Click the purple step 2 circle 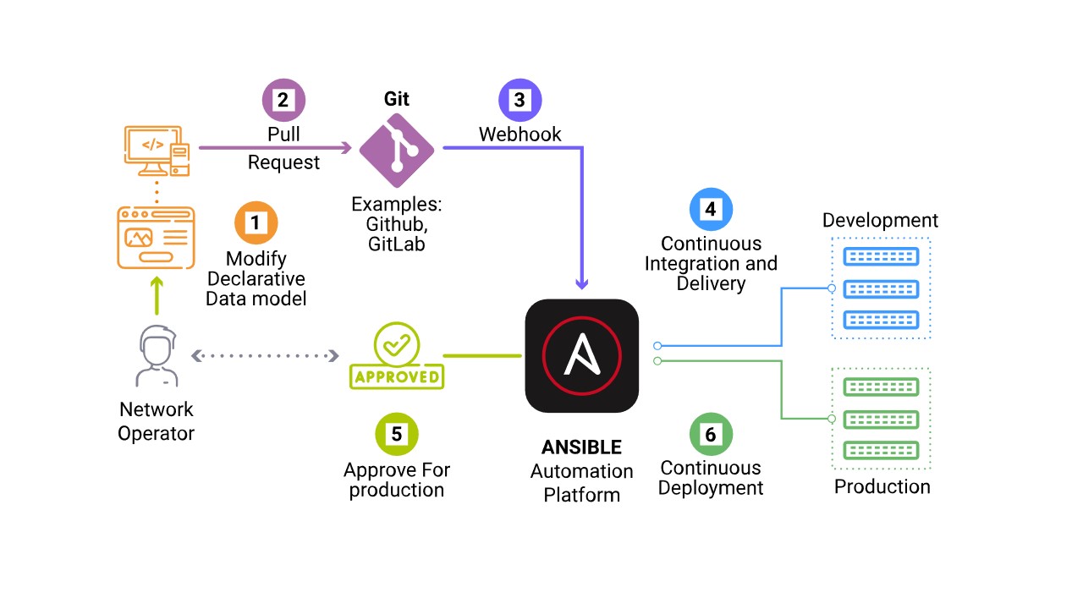pyautogui.click(x=283, y=100)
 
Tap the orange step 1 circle pyautogui.click(x=255, y=223)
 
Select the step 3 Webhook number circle pyautogui.click(x=520, y=100)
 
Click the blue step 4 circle pyautogui.click(x=711, y=209)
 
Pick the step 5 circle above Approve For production pyautogui.click(x=396, y=434)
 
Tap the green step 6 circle pyautogui.click(x=711, y=434)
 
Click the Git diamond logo pyautogui.click(x=396, y=150)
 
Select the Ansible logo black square pyautogui.click(x=581, y=356)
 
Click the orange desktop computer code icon pyautogui.click(x=156, y=151)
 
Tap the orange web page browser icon pyautogui.click(x=156, y=238)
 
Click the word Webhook pyautogui.click(x=520, y=134)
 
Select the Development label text pyautogui.click(x=880, y=221)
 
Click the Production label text pyautogui.click(x=882, y=486)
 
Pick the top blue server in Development pyautogui.click(x=881, y=257)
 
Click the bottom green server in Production pyautogui.click(x=881, y=450)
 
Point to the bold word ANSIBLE pyautogui.click(x=581, y=447)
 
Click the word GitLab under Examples pyautogui.click(x=396, y=244)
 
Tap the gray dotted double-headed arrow pyautogui.click(x=265, y=356)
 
